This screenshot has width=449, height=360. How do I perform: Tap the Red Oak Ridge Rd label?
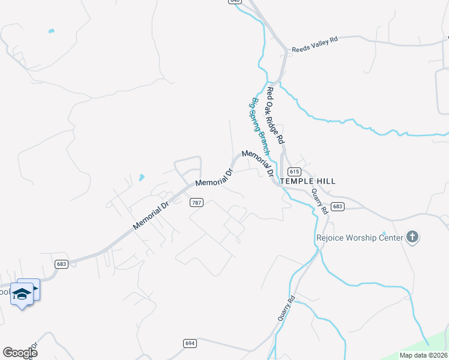(x=275, y=115)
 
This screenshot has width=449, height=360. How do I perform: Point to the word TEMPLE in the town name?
(x=297, y=181)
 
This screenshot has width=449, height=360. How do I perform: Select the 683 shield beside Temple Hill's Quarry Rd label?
(x=337, y=206)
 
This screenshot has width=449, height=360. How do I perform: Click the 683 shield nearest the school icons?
(x=60, y=263)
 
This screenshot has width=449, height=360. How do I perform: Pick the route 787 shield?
(x=196, y=203)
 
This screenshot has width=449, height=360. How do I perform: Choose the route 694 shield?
(x=190, y=343)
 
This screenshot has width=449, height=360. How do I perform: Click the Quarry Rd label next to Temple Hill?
(x=318, y=202)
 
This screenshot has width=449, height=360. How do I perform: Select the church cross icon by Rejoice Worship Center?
(x=412, y=237)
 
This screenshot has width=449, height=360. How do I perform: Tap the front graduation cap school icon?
(x=22, y=295)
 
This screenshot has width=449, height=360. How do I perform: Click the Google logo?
(x=20, y=353)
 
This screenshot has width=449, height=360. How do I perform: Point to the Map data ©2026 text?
(x=423, y=355)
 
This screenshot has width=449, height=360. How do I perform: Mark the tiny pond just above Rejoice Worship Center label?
(x=384, y=233)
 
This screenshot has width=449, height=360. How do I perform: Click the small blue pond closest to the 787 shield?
(x=141, y=178)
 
